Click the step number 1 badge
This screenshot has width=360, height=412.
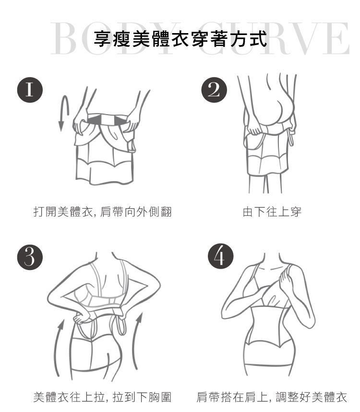pyautogui.click(x=30, y=90)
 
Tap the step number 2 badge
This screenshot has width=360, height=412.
pyautogui.click(x=214, y=90)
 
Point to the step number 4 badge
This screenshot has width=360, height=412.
pyautogui.click(x=220, y=256)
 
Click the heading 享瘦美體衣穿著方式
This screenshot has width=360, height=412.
pyautogui.click(x=180, y=39)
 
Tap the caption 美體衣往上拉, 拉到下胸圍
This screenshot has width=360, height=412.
pyautogui.click(x=103, y=397)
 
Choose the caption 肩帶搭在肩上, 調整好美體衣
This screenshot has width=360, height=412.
pyautogui.click(x=272, y=397)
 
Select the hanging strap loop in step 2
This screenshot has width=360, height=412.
pyautogui.click(x=291, y=137)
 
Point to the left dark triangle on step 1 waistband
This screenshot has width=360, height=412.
pyautogui.click(x=93, y=120)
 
